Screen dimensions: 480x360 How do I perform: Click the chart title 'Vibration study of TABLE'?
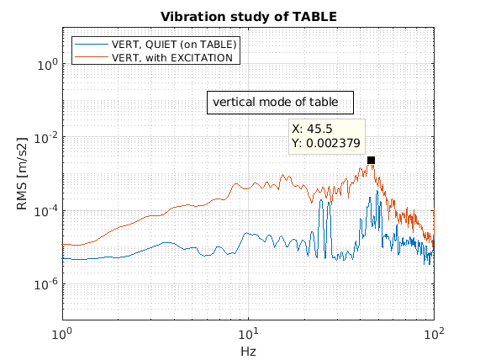[249, 17]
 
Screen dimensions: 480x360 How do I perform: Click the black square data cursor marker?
[371, 161]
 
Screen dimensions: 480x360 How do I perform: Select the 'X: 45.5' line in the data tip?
[312, 129]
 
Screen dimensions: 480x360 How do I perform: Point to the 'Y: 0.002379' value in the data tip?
[325, 143]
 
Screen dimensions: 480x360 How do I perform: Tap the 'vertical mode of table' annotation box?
[280, 103]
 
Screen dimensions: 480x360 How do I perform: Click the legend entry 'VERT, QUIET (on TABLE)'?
[174, 45]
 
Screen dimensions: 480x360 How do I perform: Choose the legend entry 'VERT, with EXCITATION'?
[172, 57]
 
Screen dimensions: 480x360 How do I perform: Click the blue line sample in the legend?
[92, 45]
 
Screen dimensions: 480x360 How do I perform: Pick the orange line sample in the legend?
[92, 57]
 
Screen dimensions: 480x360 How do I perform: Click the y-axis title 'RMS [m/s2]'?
[22, 174]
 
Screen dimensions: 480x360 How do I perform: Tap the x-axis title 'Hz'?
[248, 352]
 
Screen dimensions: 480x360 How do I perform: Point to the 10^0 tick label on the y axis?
[47, 65]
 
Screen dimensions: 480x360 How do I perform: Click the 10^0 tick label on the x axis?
[62, 333]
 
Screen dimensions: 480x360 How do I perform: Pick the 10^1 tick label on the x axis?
[248, 333]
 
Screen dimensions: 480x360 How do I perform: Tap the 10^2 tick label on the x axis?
[434, 333]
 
